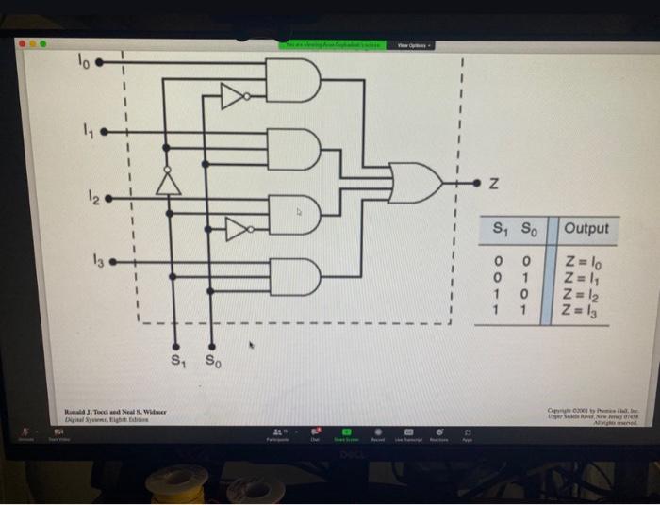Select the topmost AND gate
pos(295,82)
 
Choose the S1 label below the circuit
pos(175,362)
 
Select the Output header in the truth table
pos(586,229)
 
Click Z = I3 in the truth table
pos(586,311)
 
